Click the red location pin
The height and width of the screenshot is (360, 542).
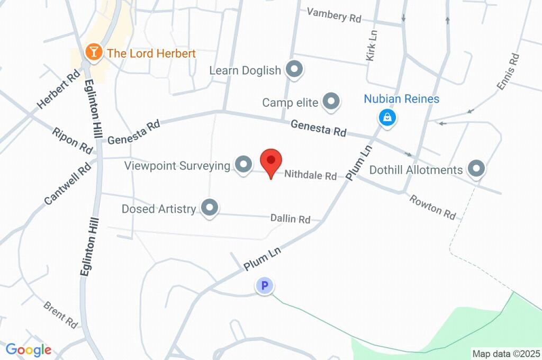pyautogui.click(x=271, y=161)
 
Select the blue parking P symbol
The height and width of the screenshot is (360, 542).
pyautogui.click(x=264, y=286)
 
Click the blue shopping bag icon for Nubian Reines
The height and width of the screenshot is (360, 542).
pyautogui.click(x=387, y=117)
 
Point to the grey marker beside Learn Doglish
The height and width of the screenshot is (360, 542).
pyautogui.click(x=293, y=69)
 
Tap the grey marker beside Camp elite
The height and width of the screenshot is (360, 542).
pyautogui.click(x=331, y=101)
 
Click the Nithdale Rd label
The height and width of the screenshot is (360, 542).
pyautogui.click(x=311, y=175)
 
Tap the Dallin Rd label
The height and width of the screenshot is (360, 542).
pyautogui.click(x=290, y=218)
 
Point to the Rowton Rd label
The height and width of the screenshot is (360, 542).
pyautogui.click(x=432, y=206)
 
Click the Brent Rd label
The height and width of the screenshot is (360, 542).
pyautogui.click(x=61, y=313)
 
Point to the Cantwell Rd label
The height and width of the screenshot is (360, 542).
pyautogui.click(x=68, y=184)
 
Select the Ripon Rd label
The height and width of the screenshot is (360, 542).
pyautogui.click(x=73, y=139)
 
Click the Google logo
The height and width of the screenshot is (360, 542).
pyautogui.click(x=29, y=350)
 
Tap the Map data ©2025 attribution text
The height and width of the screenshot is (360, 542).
pyautogui.click(x=506, y=353)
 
